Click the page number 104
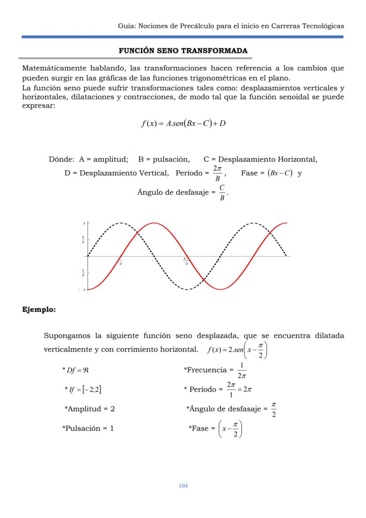point(183,486)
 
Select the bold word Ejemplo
point(39,310)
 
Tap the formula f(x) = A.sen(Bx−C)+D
point(183,123)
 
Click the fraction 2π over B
point(217,173)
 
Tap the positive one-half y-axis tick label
point(83,240)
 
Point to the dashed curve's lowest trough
point(187,289)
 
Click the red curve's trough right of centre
point(221,289)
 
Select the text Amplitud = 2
point(90,409)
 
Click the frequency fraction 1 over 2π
point(241,370)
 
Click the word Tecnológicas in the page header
point(323,26)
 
